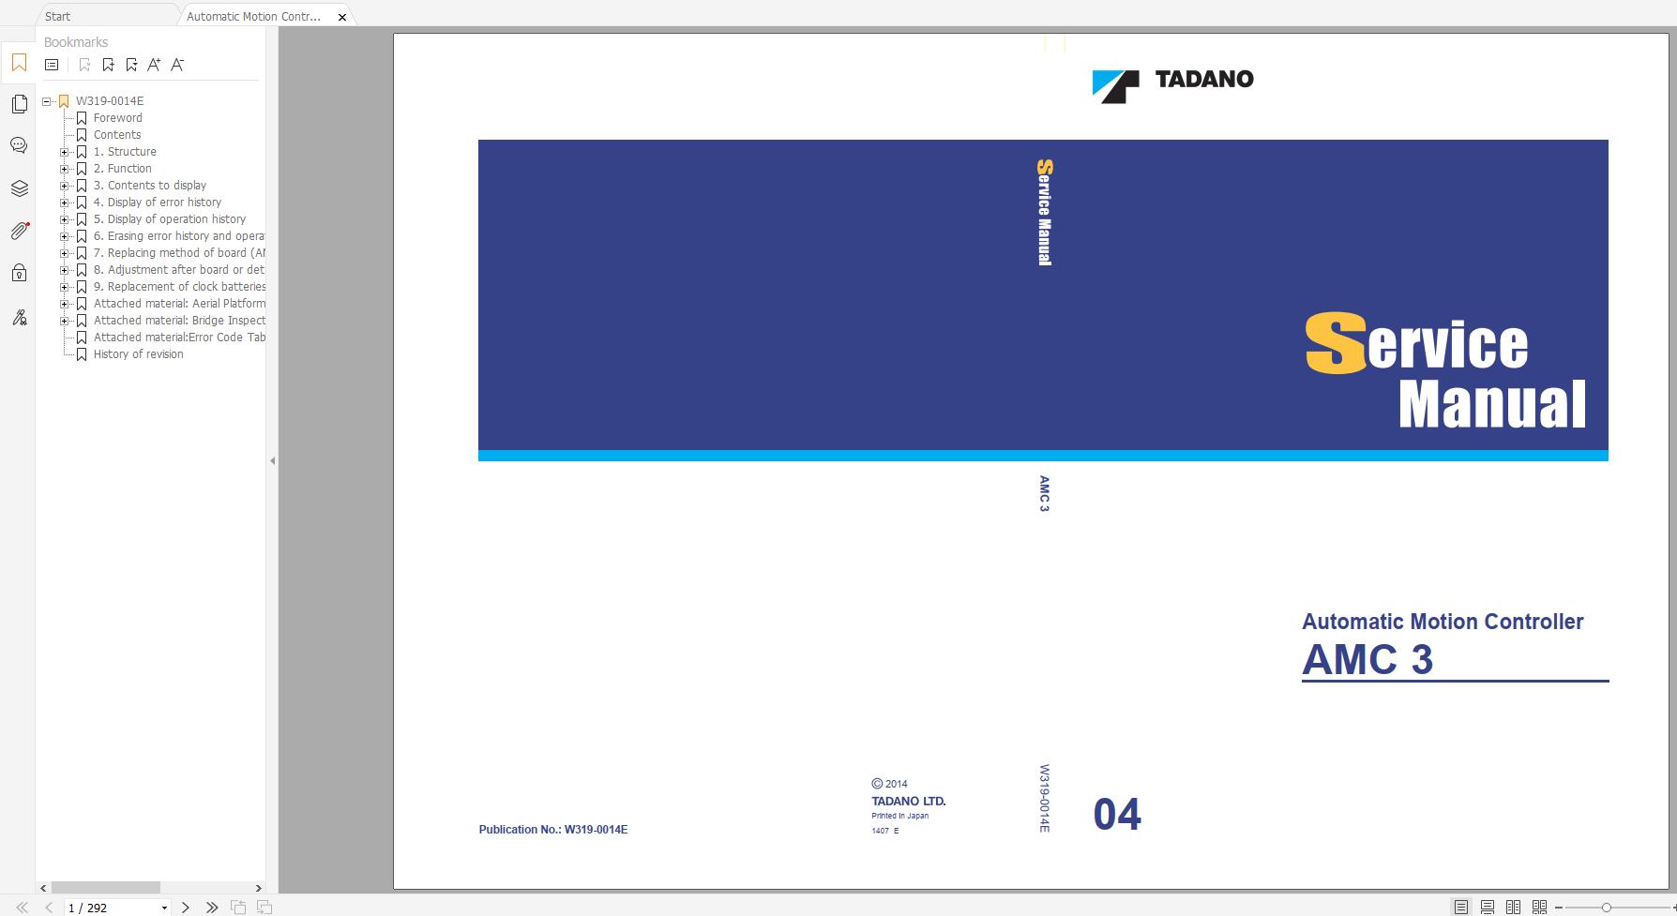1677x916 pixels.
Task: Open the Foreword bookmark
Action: (117, 118)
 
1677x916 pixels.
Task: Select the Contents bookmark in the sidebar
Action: (117, 135)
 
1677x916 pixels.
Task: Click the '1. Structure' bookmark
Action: (125, 152)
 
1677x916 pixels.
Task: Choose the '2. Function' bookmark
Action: (122, 169)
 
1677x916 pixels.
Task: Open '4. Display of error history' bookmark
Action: (158, 203)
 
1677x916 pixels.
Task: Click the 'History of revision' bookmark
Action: (138, 354)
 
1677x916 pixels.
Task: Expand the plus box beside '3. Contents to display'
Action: (65, 186)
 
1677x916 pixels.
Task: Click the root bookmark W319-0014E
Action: (109, 101)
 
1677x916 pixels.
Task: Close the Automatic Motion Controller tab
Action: (342, 17)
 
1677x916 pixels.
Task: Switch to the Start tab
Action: (57, 17)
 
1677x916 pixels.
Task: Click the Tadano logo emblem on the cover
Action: (1115, 86)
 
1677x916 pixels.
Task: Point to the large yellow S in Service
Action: (1336, 343)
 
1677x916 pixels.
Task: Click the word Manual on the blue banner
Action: (1492, 404)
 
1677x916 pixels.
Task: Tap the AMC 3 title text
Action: (1367, 660)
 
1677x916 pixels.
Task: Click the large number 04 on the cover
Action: (1117, 814)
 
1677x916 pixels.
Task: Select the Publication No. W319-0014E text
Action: (553, 830)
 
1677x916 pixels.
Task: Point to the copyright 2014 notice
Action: (889, 784)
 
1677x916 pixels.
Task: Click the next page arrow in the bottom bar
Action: (186, 908)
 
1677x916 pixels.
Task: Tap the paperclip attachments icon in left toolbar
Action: (19, 231)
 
